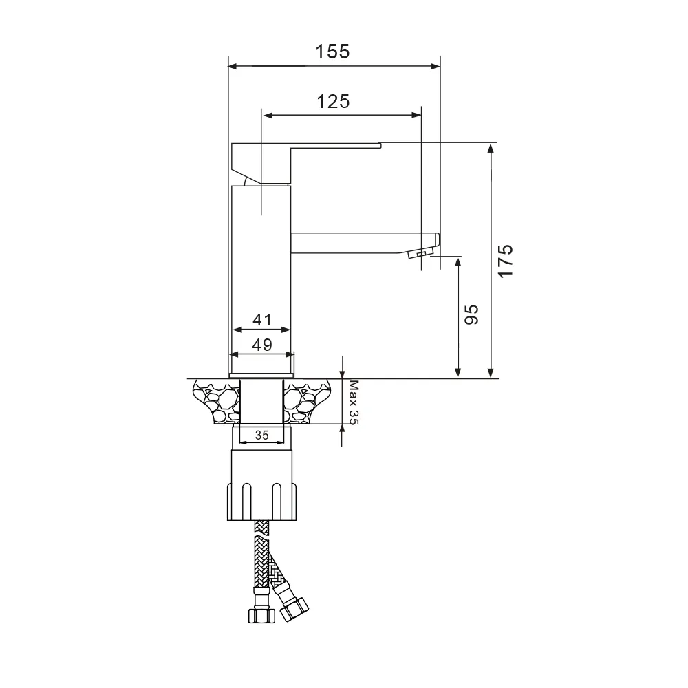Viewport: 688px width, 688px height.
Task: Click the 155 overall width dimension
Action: tap(333, 52)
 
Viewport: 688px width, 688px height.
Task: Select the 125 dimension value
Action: tap(333, 101)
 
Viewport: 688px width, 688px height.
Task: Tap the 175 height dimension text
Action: tap(506, 261)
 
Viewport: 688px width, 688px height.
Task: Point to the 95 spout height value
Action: tap(471, 316)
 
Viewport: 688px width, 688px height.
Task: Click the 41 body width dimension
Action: tap(261, 320)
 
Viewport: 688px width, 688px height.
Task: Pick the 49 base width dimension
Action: tap(261, 345)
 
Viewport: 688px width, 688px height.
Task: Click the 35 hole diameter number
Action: tap(261, 435)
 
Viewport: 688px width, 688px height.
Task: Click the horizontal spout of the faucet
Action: tap(358, 243)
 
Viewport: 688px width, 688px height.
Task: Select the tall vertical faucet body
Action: tap(260, 275)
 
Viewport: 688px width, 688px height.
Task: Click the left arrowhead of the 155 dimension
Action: tap(232, 67)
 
